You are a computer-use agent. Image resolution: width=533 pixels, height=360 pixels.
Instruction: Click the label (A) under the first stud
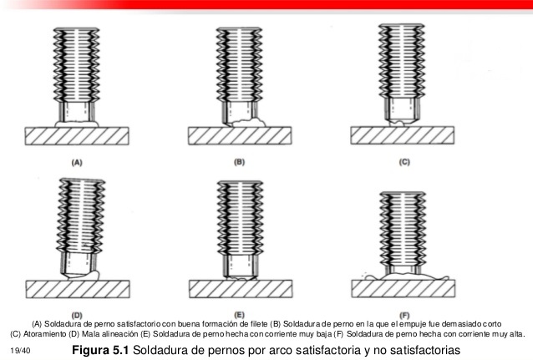point(77,164)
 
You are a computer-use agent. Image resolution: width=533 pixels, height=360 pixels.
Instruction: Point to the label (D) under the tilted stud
point(76,315)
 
